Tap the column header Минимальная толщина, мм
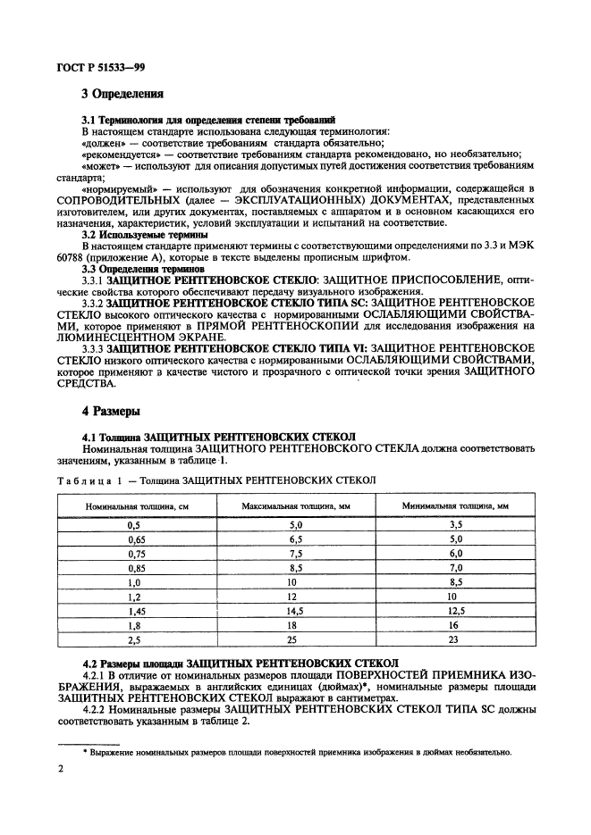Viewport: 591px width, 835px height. pyautogui.click(x=456, y=506)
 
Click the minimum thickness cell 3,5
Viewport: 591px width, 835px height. pyautogui.click(x=455, y=526)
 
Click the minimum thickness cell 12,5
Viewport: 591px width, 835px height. pyautogui.click(x=455, y=611)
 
